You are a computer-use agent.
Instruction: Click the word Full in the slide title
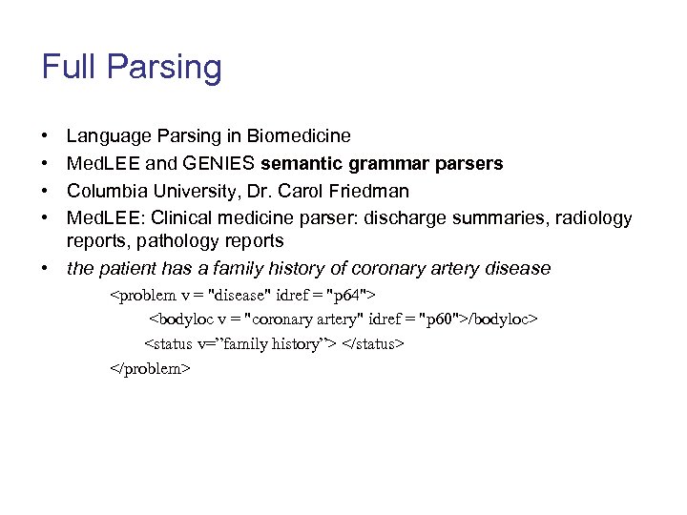pyautogui.click(x=69, y=67)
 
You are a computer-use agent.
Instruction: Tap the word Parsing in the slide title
pyautogui.click(x=164, y=69)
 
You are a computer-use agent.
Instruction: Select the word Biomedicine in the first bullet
pyautogui.click(x=300, y=136)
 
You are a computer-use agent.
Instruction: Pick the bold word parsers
pyautogui.click(x=467, y=164)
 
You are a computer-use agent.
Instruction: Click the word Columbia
pyautogui.click(x=104, y=191)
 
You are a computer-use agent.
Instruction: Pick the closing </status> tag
pyautogui.click(x=373, y=343)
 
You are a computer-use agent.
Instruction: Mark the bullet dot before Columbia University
pyautogui.click(x=46, y=191)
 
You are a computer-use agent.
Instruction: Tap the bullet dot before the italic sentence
pyautogui.click(x=46, y=269)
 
